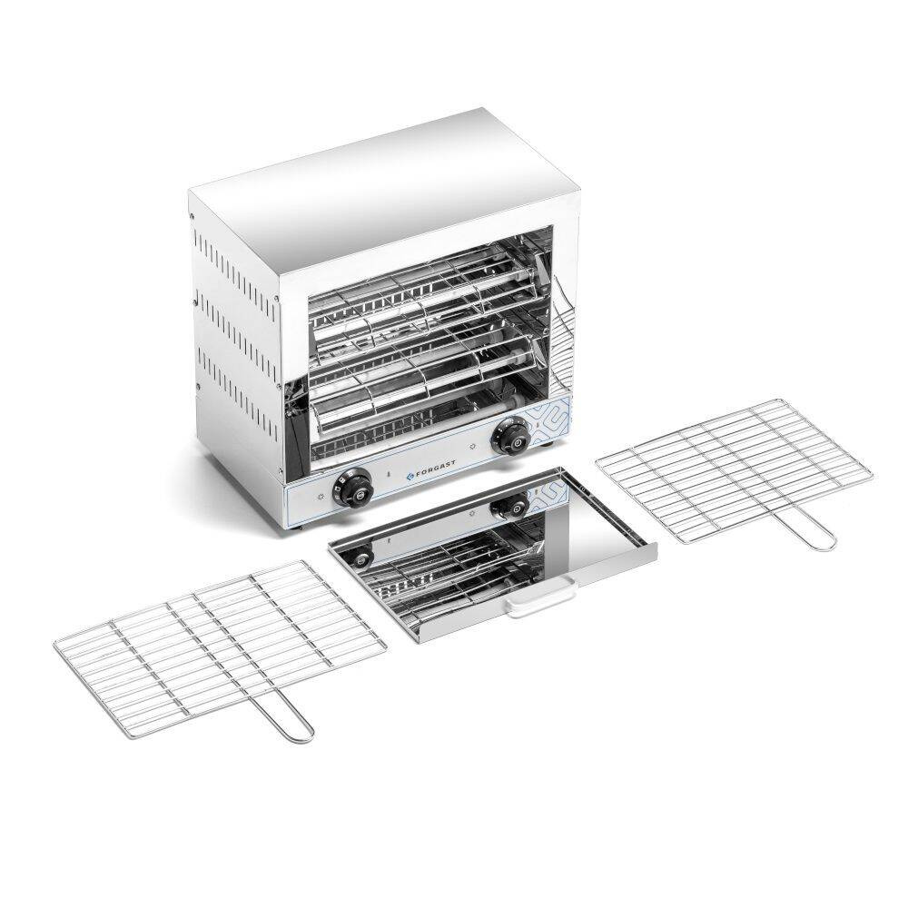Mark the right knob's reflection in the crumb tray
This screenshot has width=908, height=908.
click(510, 506)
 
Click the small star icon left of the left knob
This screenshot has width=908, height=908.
click(324, 499)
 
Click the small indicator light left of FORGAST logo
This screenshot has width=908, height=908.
click(390, 476)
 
